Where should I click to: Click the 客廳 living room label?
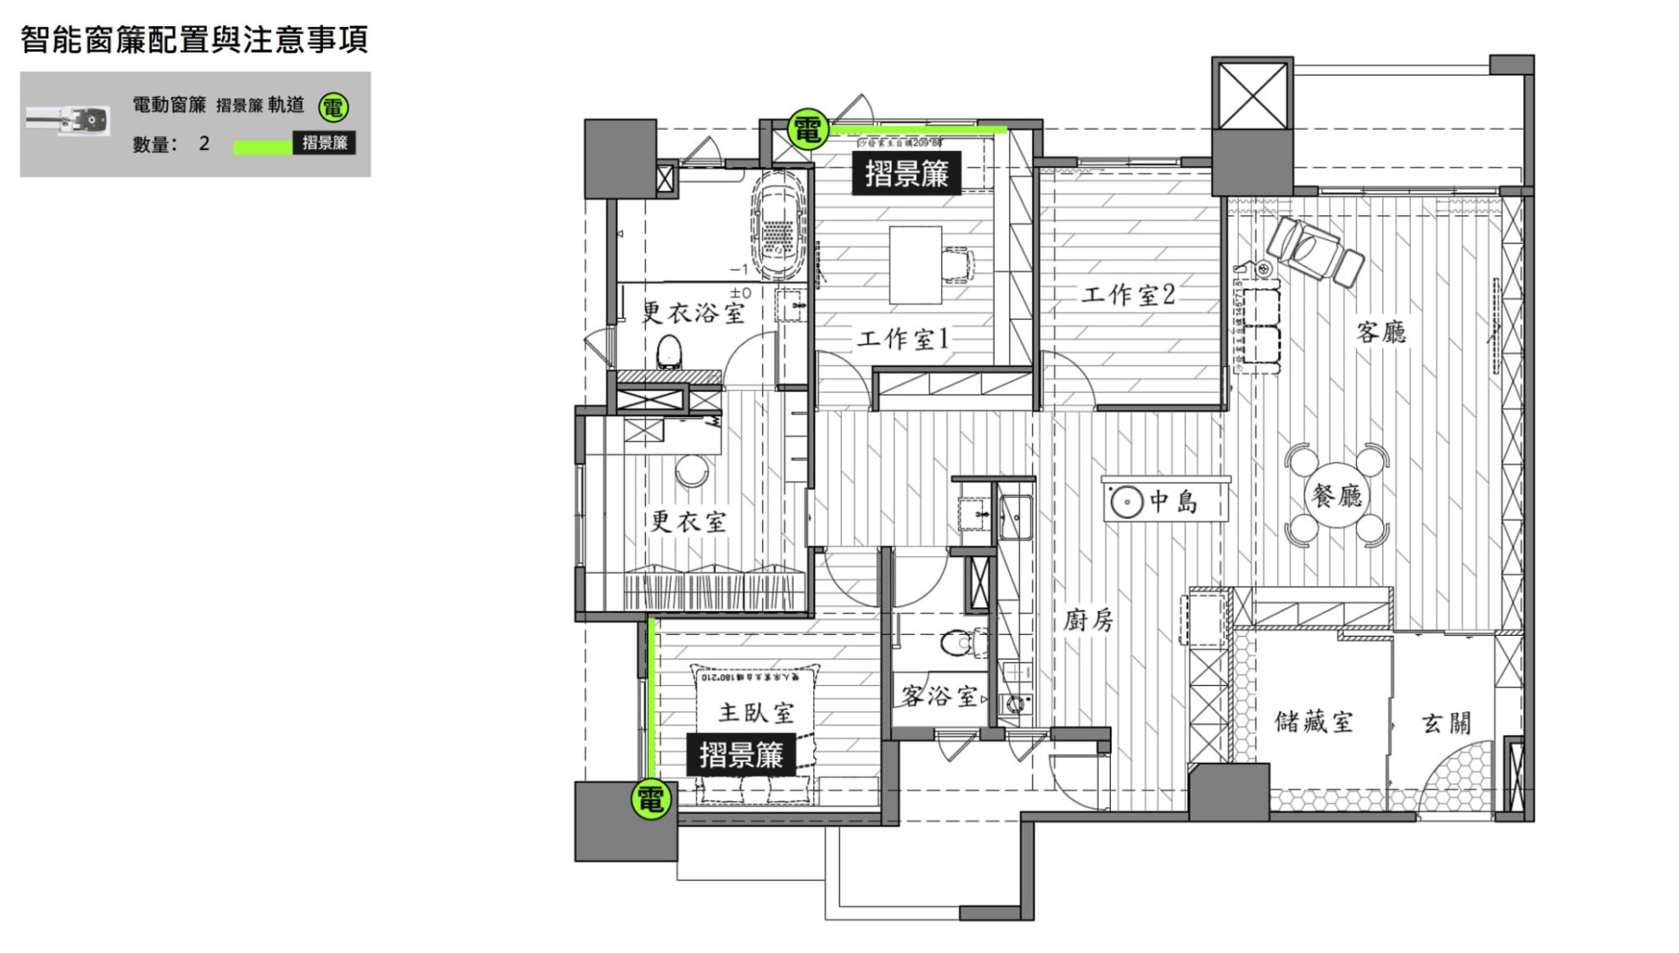click(1381, 332)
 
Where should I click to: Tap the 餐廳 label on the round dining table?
click(1336, 495)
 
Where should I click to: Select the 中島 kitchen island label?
click(1174, 501)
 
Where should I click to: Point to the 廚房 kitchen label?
click(1089, 620)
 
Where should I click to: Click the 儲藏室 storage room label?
click(1314, 722)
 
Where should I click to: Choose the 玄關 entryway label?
click(1446, 723)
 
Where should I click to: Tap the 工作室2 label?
click(1128, 294)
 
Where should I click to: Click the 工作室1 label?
click(903, 339)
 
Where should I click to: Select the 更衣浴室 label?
click(694, 313)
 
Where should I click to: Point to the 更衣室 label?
click(688, 521)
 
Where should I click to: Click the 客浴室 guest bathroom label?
click(940, 696)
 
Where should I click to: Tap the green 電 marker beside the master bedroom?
click(651, 799)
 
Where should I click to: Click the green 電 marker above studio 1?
click(807, 130)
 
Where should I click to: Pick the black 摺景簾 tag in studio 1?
click(906, 174)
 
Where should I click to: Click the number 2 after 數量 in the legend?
click(204, 143)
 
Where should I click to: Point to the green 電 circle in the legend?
click(333, 108)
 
